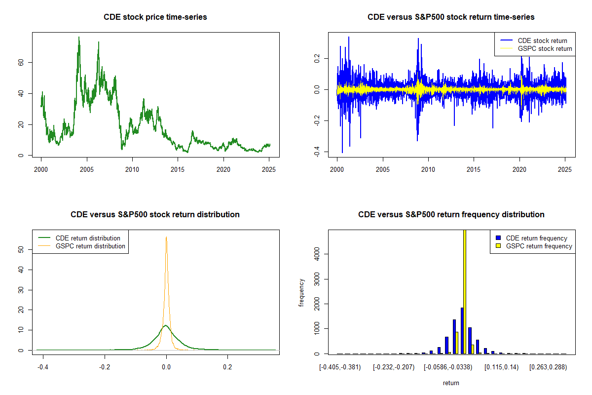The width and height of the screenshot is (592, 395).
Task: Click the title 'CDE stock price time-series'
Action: click(155, 17)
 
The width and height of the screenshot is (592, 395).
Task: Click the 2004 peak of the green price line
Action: click(78, 38)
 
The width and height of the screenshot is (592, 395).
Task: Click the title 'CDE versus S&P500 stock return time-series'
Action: click(451, 17)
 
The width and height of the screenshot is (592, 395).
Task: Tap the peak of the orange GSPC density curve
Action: click(166, 237)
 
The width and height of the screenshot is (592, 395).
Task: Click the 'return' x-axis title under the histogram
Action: click(451, 383)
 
